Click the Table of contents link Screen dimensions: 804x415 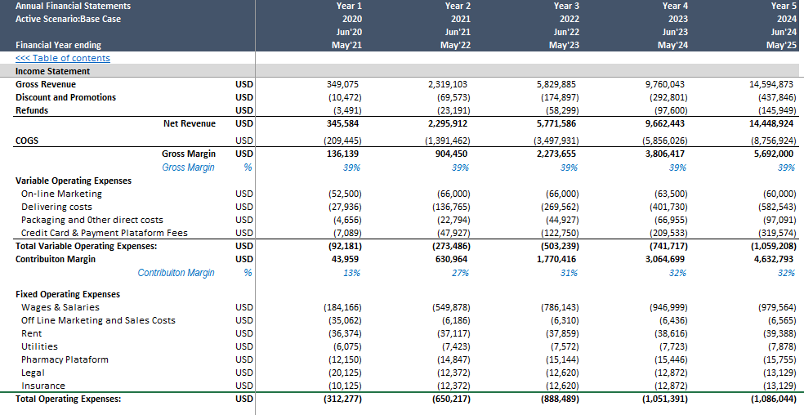(x=63, y=58)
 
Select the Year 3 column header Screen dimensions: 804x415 (x=566, y=7)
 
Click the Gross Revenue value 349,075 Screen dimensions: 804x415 (x=344, y=84)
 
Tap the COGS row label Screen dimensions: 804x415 (x=27, y=140)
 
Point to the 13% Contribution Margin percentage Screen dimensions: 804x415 (x=351, y=273)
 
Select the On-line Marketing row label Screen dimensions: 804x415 (x=61, y=194)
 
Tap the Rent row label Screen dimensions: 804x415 (x=32, y=333)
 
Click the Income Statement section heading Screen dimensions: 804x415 (x=52, y=71)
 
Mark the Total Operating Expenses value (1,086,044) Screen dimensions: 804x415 (x=773, y=399)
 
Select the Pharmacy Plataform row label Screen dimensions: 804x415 (x=65, y=359)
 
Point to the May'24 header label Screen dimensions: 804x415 (x=672, y=45)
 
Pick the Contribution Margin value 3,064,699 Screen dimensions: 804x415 (x=665, y=259)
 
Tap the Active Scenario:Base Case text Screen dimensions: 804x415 (x=68, y=19)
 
